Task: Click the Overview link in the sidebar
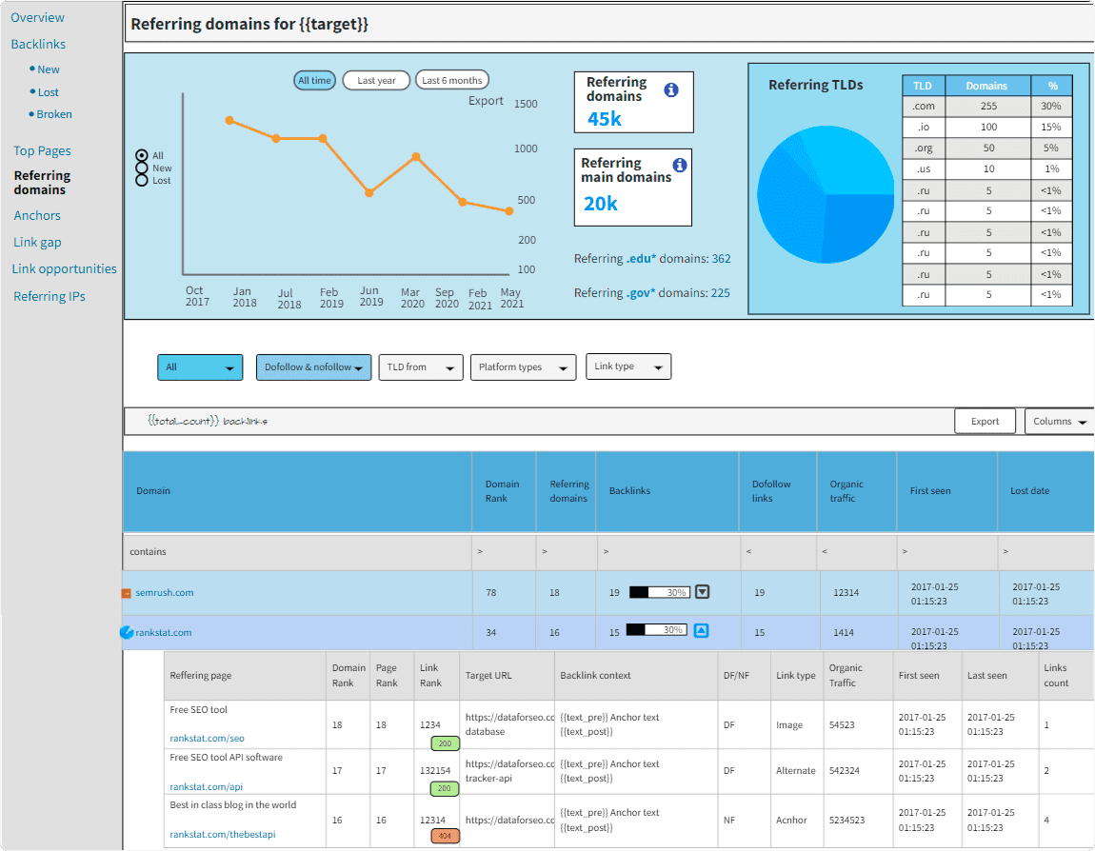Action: point(38,17)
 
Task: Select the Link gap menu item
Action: point(37,243)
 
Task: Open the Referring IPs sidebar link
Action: point(50,296)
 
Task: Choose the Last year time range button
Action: point(376,81)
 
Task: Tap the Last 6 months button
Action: point(452,81)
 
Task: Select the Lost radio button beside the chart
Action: point(142,180)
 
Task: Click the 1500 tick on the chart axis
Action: point(526,104)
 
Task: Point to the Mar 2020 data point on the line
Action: point(415,156)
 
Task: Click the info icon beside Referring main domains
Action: point(679,165)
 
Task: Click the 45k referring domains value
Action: point(605,118)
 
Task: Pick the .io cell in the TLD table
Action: point(923,128)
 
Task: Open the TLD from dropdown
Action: point(420,367)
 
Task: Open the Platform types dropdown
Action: point(523,367)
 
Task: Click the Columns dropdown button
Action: point(1059,422)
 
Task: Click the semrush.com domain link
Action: point(164,593)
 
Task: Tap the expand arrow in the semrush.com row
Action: point(702,592)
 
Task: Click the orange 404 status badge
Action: point(445,836)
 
